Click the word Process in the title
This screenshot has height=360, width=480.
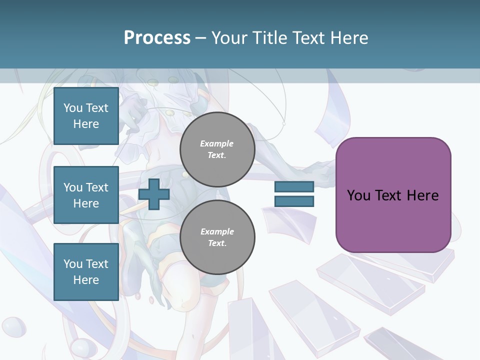(157, 38)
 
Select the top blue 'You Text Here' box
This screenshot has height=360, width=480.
(86, 116)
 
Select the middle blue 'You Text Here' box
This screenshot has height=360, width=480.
(86, 195)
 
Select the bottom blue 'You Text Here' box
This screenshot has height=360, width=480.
(86, 272)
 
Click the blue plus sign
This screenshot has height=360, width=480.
(154, 194)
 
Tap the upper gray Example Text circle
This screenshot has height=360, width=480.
(217, 149)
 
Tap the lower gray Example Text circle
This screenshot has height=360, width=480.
(217, 237)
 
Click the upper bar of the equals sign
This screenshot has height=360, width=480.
(294, 187)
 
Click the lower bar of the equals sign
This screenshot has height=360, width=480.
(294, 201)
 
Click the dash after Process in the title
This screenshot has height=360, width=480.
(200, 38)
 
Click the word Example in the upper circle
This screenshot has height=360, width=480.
(217, 143)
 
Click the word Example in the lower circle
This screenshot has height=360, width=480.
(217, 231)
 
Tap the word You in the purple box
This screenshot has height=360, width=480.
(358, 195)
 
